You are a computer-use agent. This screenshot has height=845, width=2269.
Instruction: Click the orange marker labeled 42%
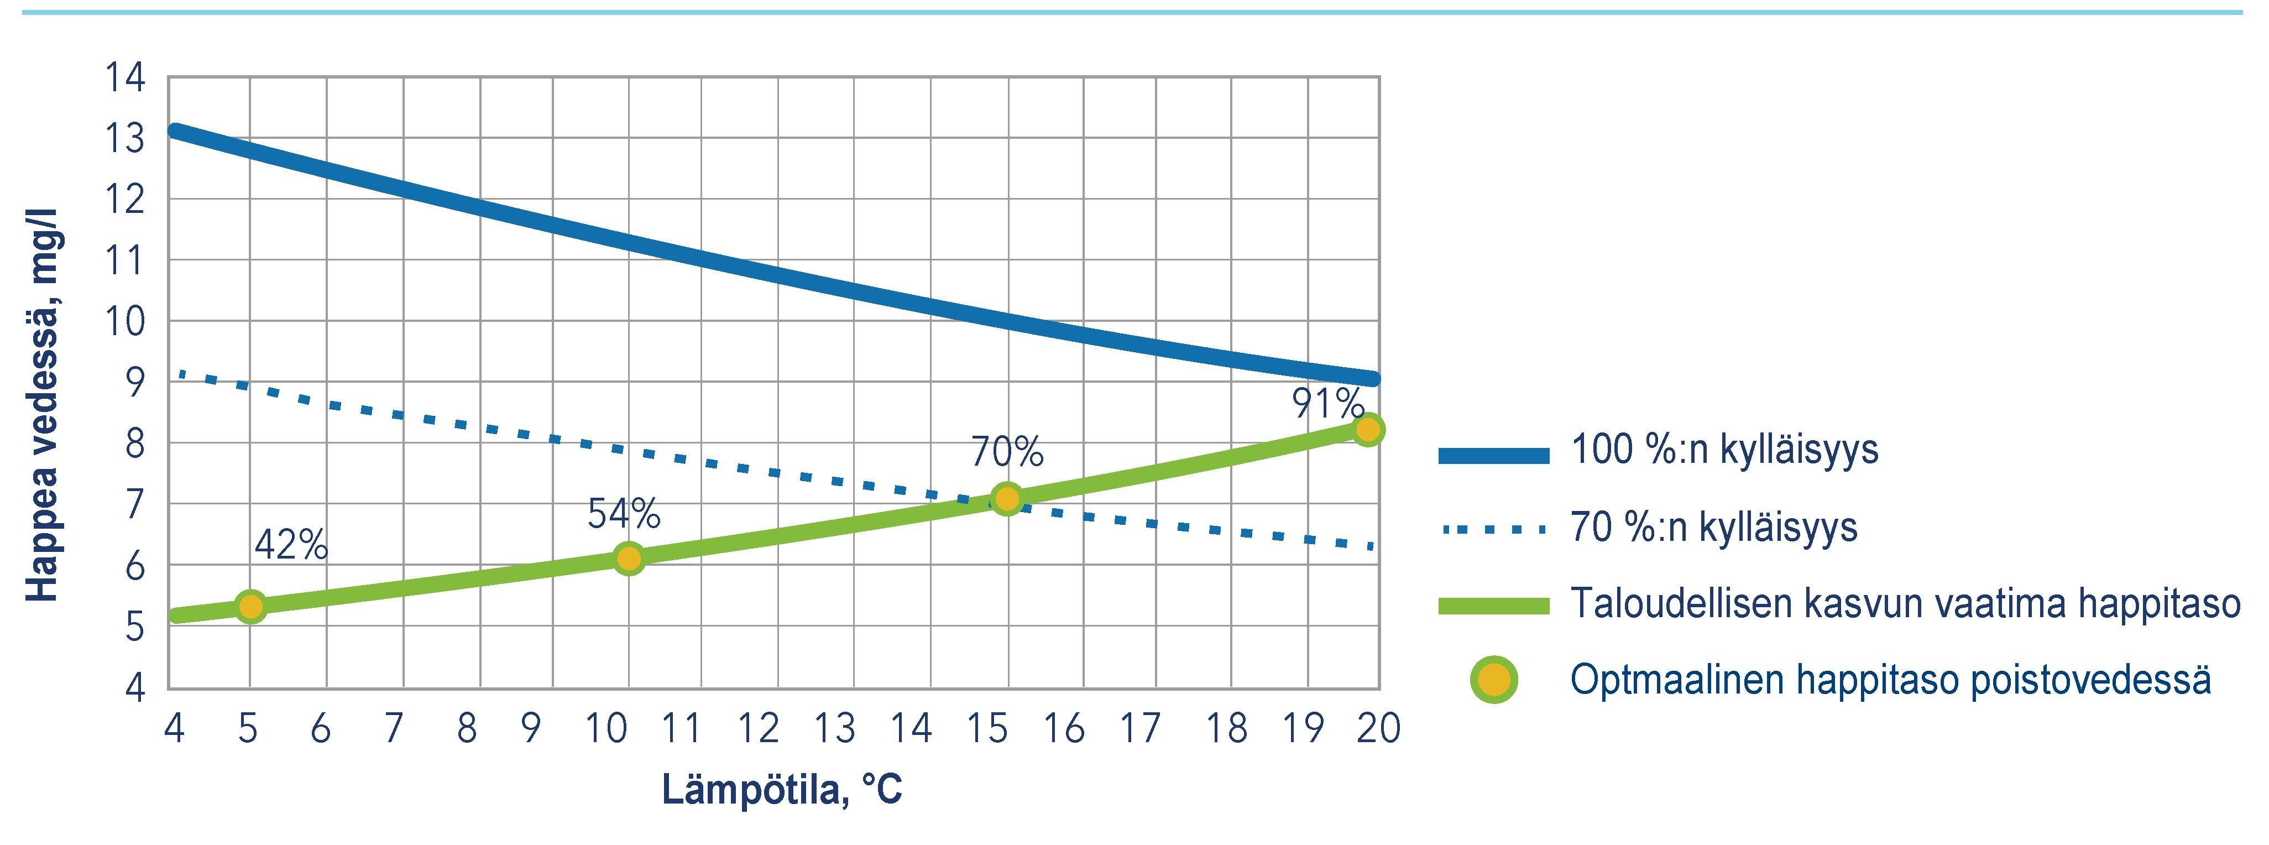tap(251, 606)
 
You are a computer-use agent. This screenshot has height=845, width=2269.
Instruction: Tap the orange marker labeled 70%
tap(1007, 499)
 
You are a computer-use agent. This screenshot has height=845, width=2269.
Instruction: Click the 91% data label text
tap(1328, 404)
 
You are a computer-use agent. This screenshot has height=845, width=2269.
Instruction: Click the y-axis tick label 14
tap(125, 77)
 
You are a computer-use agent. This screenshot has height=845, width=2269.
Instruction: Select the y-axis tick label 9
tap(134, 383)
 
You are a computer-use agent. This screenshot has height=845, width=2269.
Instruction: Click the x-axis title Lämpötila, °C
tap(782, 790)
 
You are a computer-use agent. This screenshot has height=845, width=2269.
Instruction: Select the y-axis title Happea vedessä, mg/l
tap(41, 405)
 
